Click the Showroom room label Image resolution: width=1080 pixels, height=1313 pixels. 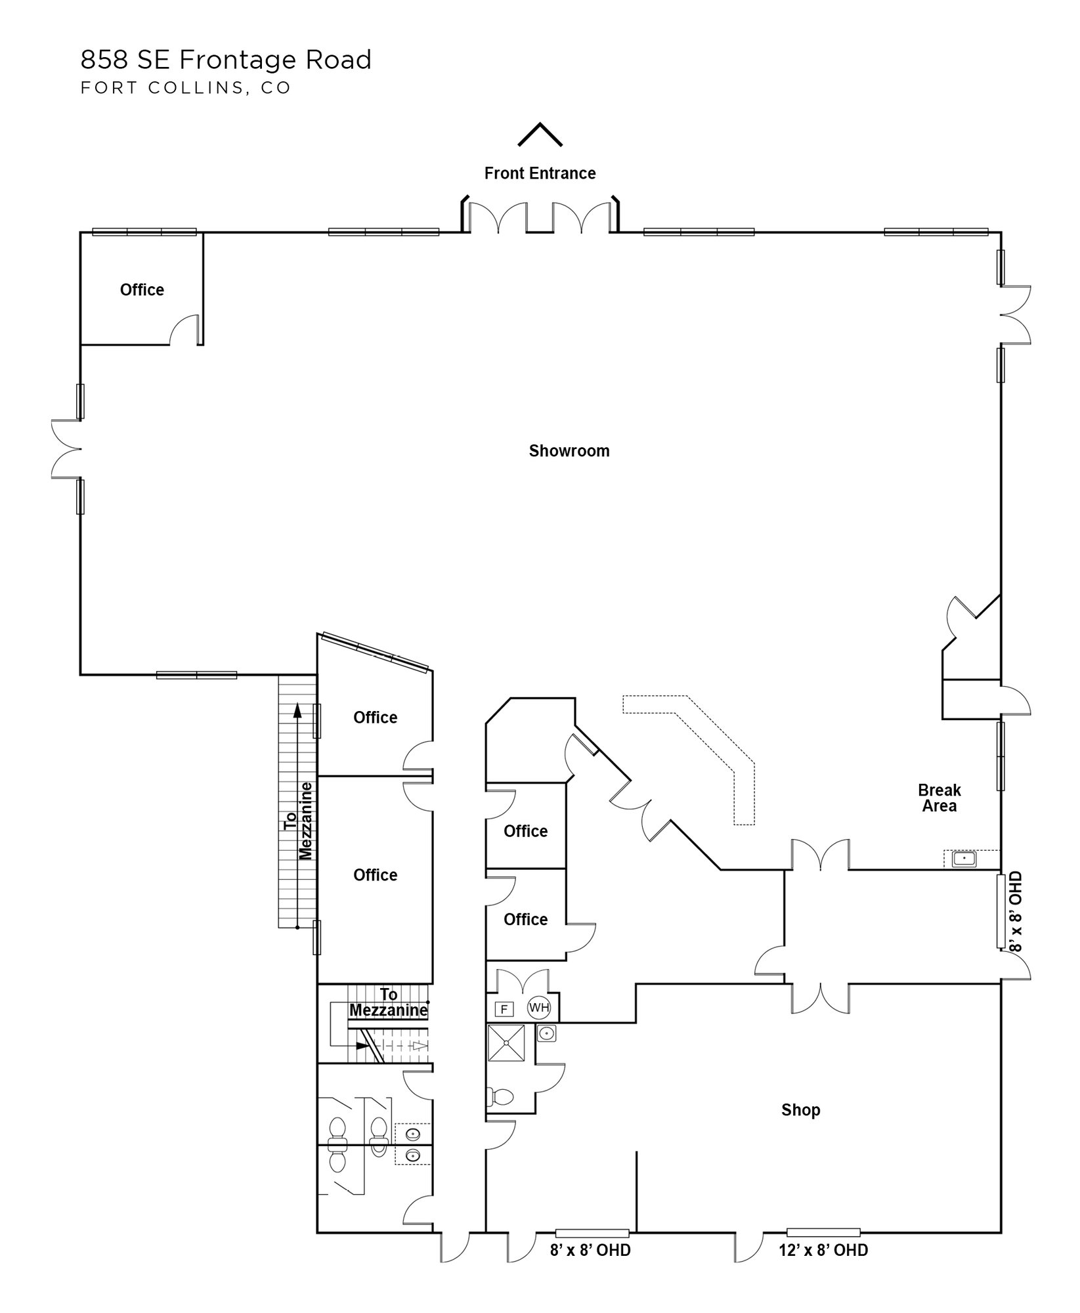[x=569, y=451]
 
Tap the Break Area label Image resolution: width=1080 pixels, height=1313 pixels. [x=940, y=798]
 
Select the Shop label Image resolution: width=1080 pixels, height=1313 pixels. [x=800, y=1110]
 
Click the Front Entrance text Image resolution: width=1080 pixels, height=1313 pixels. [x=540, y=173]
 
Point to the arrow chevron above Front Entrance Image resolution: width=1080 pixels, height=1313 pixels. [x=540, y=133]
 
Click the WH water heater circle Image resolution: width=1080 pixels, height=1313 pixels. [x=539, y=1008]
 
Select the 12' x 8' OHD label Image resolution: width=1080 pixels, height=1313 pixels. [x=823, y=1251]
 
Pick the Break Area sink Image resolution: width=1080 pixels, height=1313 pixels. [x=964, y=859]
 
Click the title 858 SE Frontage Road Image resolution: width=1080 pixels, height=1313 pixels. [x=226, y=60]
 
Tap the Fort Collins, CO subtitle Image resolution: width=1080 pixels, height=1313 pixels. [x=186, y=88]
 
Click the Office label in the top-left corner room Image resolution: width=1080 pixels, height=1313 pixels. [x=142, y=290]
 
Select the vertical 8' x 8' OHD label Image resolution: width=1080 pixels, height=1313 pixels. [x=1015, y=912]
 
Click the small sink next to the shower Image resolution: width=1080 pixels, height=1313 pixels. [x=546, y=1035]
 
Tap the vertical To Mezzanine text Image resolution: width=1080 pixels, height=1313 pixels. [x=298, y=821]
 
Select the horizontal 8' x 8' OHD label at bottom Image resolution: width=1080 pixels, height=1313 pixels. [x=590, y=1251]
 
